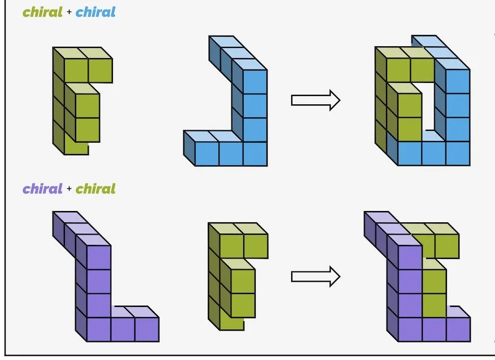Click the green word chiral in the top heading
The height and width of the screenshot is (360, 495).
[42, 12]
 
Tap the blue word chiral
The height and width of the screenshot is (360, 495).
[95, 12]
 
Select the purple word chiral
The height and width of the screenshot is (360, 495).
[42, 188]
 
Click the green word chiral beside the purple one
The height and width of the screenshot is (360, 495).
[95, 188]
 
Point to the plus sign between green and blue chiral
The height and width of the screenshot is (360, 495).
[69, 12]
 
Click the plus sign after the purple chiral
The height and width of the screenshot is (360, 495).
[69, 189]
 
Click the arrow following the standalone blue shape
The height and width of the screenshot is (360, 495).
[315, 100]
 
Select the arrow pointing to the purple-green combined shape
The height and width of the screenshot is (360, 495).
[315, 276]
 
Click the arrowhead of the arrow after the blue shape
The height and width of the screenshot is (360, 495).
[334, 100]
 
